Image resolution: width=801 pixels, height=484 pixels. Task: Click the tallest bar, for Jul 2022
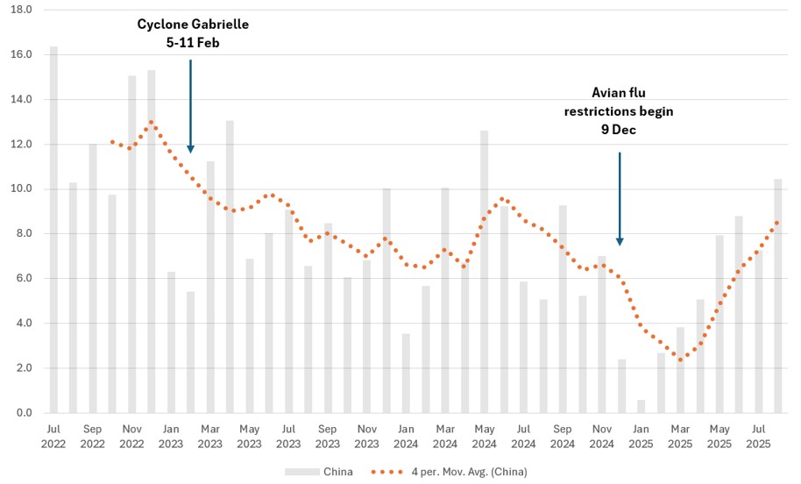click(53, 230)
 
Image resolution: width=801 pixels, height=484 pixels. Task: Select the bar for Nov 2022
click(132, 244)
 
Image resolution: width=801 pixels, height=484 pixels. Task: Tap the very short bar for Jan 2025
click(642, 406)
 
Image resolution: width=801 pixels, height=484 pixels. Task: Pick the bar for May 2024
click(485, 272)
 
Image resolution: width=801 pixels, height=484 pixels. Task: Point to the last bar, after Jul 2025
click(778, 295)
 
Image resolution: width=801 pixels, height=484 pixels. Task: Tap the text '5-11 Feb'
click(194, 42)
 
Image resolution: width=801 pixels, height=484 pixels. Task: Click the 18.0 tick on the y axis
click(20, 10)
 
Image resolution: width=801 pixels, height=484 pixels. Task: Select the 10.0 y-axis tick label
click(20, 189)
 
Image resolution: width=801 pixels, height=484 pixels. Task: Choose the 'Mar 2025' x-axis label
click(681, 437)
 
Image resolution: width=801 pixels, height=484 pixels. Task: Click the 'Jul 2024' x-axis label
click(523, 437)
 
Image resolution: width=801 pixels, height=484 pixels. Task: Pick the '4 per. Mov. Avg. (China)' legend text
click(469, 472)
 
